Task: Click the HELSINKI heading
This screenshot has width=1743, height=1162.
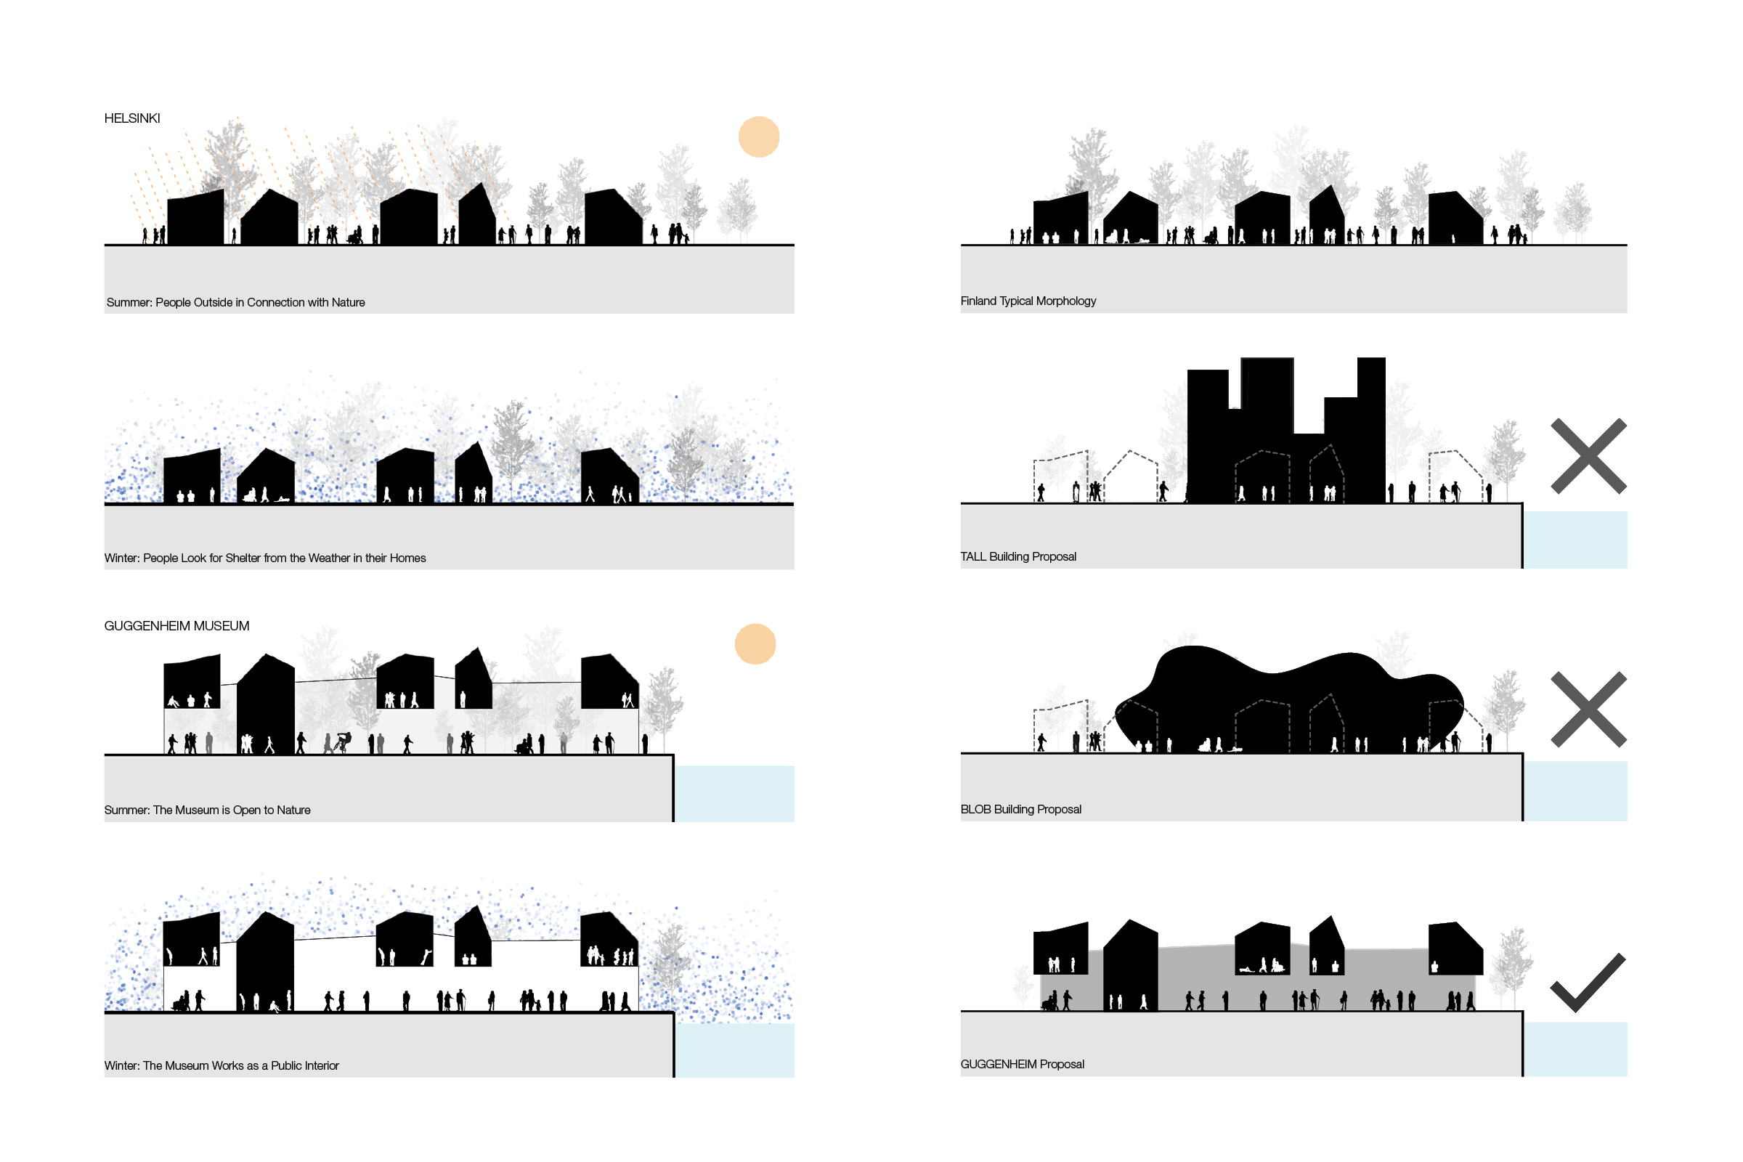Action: (x=132, y=118)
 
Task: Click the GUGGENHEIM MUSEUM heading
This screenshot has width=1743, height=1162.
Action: (x=176, y=626)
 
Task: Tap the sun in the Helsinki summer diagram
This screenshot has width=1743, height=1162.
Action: (x=759, y=137)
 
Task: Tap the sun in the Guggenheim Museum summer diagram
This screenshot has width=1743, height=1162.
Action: (x=755, y=644)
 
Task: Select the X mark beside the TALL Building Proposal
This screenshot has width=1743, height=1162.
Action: (x=1588, y=457)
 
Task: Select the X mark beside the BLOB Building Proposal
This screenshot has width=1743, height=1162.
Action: (x=1588, y=710)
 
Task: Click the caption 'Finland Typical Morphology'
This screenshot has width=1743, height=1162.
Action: (x=1028, y=301)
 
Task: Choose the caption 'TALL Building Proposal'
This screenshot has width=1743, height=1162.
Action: (x=1018, y=556)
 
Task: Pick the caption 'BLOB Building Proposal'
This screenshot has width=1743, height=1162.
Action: (x=1020, y=809)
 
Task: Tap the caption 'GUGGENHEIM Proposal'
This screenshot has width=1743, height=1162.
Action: (x=1022, y=1064)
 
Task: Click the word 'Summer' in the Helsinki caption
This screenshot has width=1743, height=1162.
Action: (x=129, y=302)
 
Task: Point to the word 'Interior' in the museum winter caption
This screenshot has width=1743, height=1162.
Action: (x=320, y=1065)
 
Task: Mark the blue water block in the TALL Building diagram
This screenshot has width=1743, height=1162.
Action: (x=1575, y=540)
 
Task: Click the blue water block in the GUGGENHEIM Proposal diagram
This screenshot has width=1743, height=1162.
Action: (x=1575, y=1049)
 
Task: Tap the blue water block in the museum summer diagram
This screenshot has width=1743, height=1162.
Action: (x=734, y=793)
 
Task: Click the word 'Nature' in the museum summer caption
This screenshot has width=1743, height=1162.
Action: (x=293, y=810)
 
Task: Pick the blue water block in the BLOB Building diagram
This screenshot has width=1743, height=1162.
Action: (x=1575, y=791)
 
